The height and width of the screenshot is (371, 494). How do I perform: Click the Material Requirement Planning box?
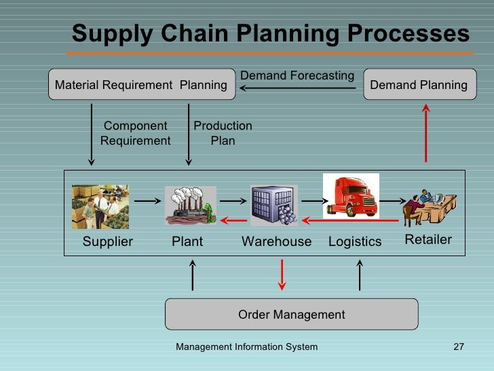[x=140, y=85]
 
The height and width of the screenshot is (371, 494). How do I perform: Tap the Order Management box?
[x=291, y=315]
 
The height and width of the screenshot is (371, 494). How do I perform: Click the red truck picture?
[x=350, y=196]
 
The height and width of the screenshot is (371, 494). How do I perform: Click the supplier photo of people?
[x=100, y=207]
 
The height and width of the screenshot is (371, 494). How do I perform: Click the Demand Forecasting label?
[x=297, y=75]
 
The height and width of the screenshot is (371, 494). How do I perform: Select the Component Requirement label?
[x=135, y=133]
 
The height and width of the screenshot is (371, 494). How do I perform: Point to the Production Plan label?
[x=223, y=133]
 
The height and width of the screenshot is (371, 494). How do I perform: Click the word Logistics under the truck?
[x=355, y=242]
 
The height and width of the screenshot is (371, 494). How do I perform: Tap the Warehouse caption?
[x=276, y=242]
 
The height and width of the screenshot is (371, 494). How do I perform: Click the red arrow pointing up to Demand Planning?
[x=426, y=132]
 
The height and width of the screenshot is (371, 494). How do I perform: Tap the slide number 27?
[x=458, y=347]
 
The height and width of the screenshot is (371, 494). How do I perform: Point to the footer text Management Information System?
[x=246, y=347]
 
